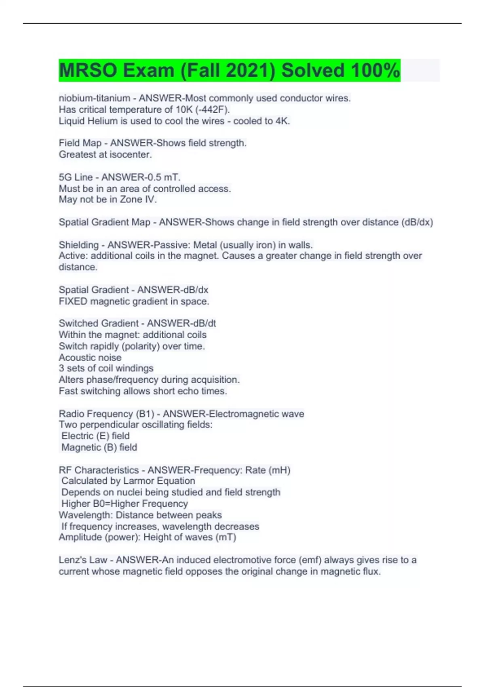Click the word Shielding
pyautogui.click(x=78, y=245)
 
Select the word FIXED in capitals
pyautogui.click(x=73, y=301)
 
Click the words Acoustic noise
pyautogui.click(x=90, y=358)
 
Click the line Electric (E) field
pyautogui.click(x=95, y=436)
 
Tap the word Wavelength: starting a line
pyautogui.click(x=86, y=515)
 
